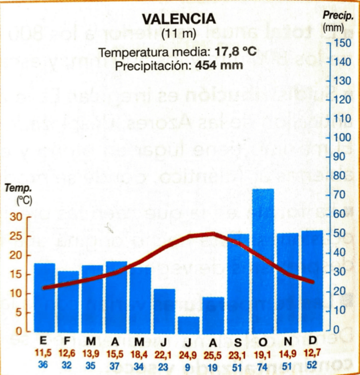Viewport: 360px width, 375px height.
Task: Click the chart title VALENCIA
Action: (x=179, y=19)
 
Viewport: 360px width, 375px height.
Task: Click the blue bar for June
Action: (x=165, y=310)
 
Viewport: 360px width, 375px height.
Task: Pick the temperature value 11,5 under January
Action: (x=43, y=354)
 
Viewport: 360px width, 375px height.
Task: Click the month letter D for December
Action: (x=313, y=341)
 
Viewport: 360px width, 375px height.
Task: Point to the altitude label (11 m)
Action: (x=179, y=33)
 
